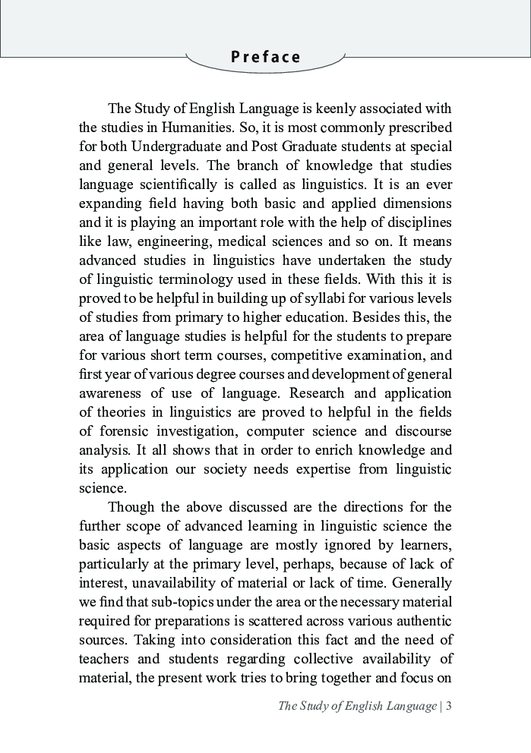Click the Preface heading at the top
(x=266, y=58)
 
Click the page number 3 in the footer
(x=449, y=706)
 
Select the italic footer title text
(x=357, y=706)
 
